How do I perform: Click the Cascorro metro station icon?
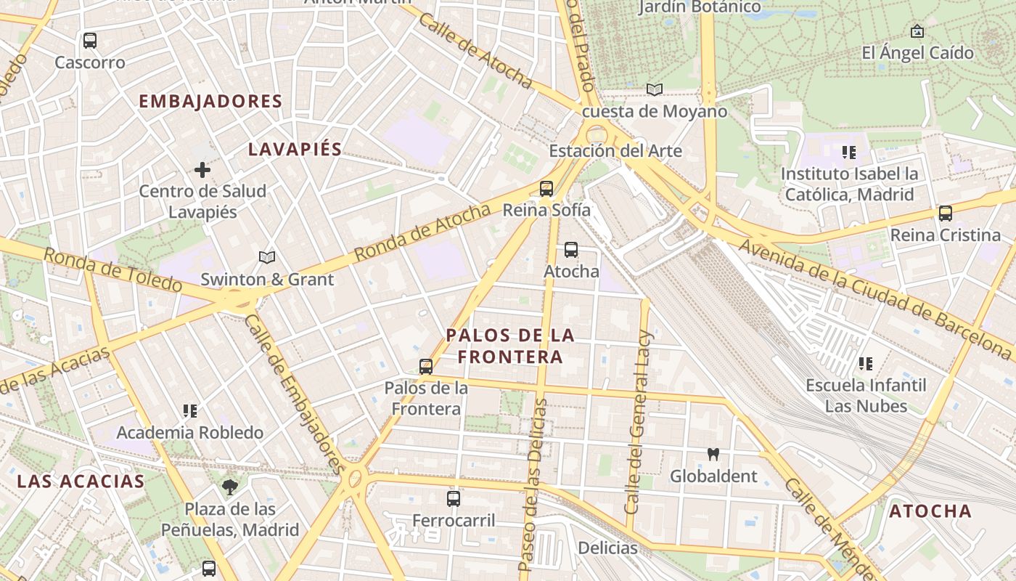tap(90, 41)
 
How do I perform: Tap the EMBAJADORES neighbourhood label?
tap(210, 102)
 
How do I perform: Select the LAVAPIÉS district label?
tap(295, 150)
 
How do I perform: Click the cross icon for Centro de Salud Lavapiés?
tap(202, 171)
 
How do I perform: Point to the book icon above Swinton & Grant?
tap(267, 258)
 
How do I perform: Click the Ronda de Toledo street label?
tap(112, 269)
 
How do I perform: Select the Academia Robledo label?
tap(189, 433)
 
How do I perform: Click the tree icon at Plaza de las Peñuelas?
tap(231, 487)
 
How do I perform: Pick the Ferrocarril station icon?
tap(454, 499)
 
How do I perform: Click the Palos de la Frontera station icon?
tap(426, 367)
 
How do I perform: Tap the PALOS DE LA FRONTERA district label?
tap(510, 346)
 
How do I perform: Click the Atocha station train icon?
tap(571, 250)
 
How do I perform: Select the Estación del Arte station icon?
tap(546, 189)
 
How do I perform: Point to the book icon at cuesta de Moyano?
tap(655, 89)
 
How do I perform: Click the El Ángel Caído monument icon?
tap(917, 31)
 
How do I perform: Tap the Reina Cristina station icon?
tap(945, 214)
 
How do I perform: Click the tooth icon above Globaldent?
tap(713, 455)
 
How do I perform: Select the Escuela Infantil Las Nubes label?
tap(866, 395)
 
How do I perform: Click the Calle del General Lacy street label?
tap(639, 423)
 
